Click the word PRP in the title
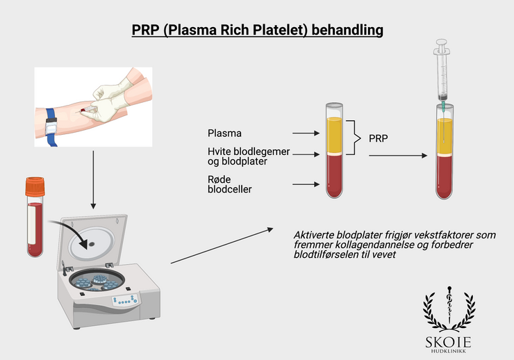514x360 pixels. pyautogui.click(x=146, y=31)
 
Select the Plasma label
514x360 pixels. pyautogui.click(x=222, y=132)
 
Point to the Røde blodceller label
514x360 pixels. pyautogui.click(x=230, y=184)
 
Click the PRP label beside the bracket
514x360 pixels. pyautogui.click(x=379, y=138)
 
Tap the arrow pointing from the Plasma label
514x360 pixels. pyautogui.click(x=306, y=132)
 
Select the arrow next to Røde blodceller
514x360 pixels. pyautogui.click(x=306, y=184)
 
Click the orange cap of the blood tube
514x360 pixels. pyautogui.click(x=35, y=186)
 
